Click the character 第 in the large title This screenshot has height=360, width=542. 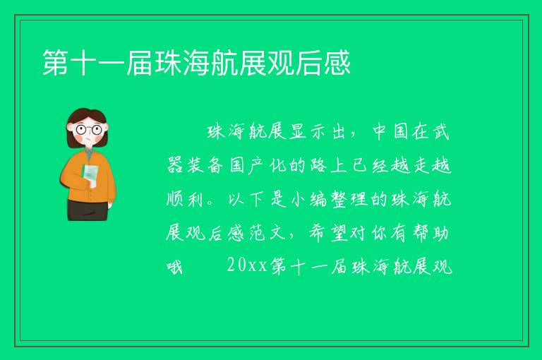[x=55, y=63]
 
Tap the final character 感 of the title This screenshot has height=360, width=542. [x=337, y=63]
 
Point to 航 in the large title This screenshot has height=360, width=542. [x=224, y=63]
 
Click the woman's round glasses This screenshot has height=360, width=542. [x=89, y=130]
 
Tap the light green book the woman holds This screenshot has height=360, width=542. [x=90, y=174]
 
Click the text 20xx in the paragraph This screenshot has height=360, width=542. [x=247, y=265]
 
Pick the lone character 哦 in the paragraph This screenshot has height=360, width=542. [x=174, y=267]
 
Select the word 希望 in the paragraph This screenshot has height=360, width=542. [x=328, y=233]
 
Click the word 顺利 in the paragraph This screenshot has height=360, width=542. [x=185, y=199]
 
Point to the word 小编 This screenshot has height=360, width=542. [x=308, y=199]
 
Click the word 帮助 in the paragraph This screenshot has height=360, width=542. [x=430, y=233]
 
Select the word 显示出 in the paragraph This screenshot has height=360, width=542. [x=317, y=131]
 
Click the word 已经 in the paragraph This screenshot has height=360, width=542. [x=371, y=166]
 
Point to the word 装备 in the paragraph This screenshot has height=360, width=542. [x=205, y=166]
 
